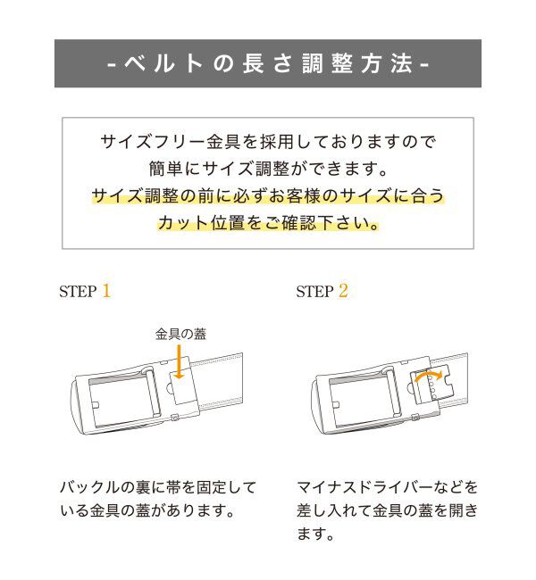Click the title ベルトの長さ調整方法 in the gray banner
click(268, 64)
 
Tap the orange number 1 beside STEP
click(106, 291)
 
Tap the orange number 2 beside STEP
click(343, 291)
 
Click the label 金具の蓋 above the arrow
click(180, 334)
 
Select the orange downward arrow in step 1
click(180, 362)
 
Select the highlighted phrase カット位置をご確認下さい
click(268, 222)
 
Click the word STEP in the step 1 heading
click(78, 292)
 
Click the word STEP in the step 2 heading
click(314, 292)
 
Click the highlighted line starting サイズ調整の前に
click(268, 195)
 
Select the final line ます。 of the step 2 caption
click(315, 536)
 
